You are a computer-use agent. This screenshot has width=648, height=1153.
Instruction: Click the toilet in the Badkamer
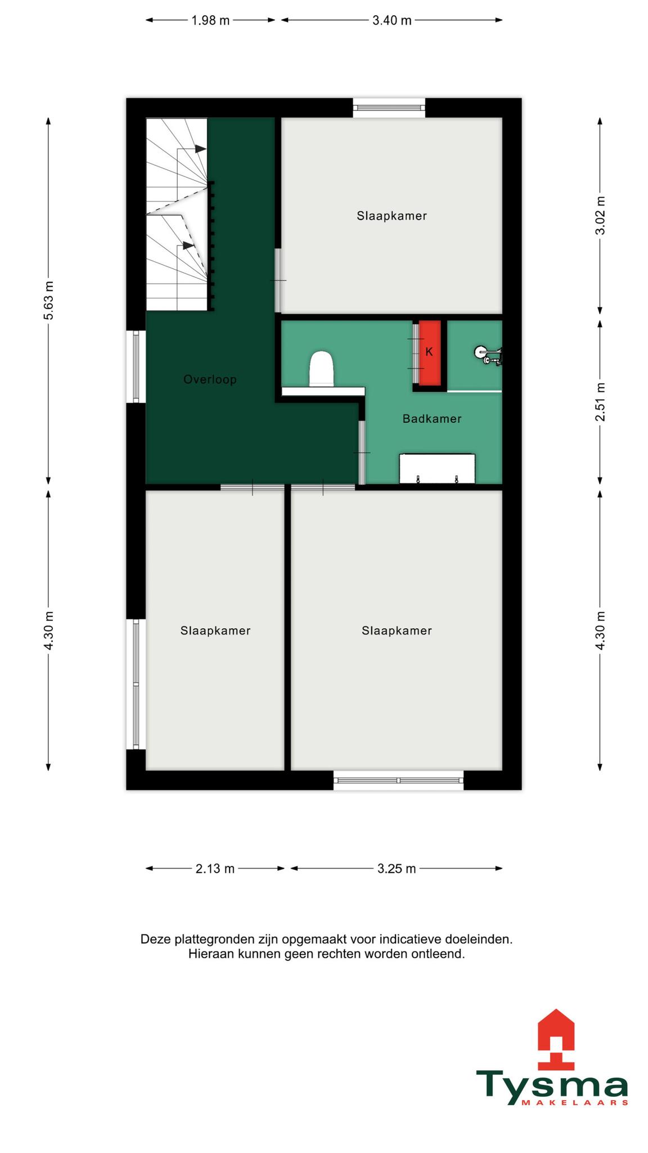click(322, 369)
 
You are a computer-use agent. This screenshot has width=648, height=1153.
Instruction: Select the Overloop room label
click(210, 380)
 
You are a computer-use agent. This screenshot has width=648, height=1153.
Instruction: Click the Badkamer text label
click(432, 419)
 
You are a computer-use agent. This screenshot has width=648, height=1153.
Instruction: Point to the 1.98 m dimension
click(210, 20)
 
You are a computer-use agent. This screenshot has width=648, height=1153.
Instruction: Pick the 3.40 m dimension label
click(392, 20)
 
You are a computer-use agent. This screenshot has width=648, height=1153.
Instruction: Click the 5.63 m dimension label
click(48, 300)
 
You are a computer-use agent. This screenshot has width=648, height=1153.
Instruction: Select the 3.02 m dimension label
click(600, 216)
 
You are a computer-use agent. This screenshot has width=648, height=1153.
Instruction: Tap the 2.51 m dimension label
click(600, 402)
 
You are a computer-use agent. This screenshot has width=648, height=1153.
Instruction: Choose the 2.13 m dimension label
click(215, 869)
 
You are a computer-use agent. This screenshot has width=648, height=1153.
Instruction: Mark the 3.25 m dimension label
click(397, 869)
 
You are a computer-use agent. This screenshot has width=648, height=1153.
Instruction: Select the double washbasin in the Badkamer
click(437, 468)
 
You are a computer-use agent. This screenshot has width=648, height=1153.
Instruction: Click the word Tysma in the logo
click(552, 1084)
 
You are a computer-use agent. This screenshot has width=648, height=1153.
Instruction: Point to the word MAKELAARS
click(575, 1103)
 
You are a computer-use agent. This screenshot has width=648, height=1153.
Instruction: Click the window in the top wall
click(389, 108)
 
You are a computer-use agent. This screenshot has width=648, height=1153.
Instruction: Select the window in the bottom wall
click(398, 780)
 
